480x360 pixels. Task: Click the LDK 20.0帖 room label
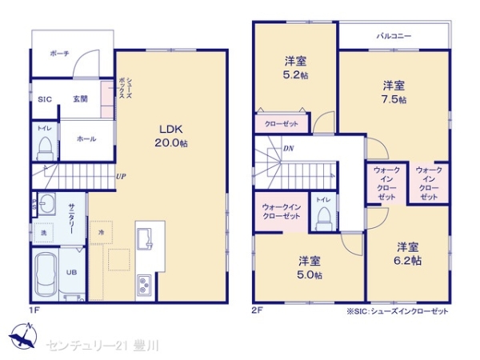click(172, 136)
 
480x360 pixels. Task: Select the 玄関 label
click(81, 98)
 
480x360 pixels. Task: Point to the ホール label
click(86, 139)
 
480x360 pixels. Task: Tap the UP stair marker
click(120, 176)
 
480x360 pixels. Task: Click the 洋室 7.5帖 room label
click(393, 91)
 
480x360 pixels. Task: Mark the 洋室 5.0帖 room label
click(310, 267)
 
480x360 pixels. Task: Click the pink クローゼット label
click(277, 124)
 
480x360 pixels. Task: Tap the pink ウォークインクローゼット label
click(282, 212)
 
